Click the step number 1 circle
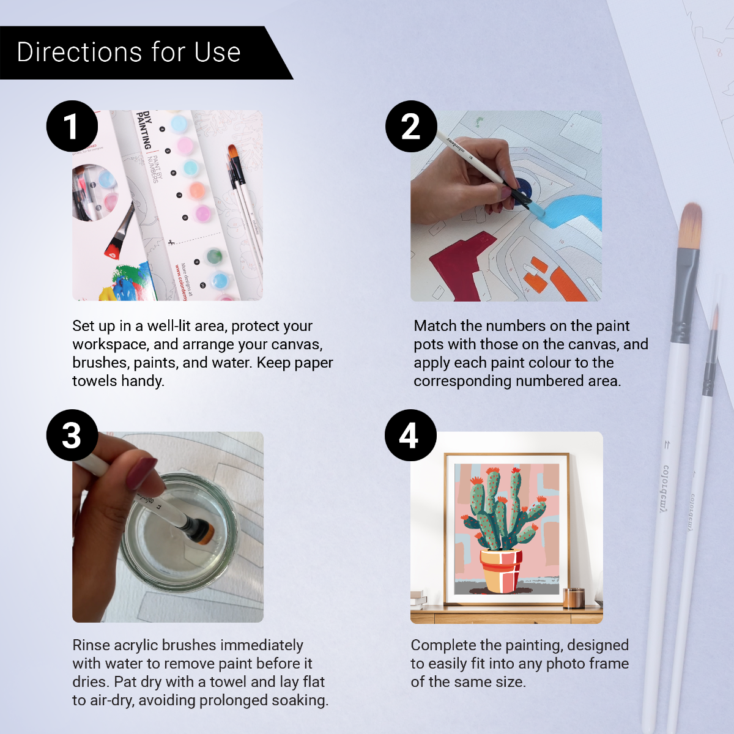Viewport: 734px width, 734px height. [72, 127]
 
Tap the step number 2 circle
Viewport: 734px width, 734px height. [411, 127]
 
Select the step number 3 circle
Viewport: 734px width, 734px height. [72, 436]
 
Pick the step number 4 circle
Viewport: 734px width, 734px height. [410, 436]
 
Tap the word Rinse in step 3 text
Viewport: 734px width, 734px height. [91, 645]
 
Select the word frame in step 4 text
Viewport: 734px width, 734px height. [608, 664]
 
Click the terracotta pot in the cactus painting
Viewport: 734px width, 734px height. [501, 569]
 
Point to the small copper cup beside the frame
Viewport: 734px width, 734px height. [573, 598]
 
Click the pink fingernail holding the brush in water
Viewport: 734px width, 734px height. [142, 473]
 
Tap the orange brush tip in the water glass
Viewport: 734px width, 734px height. [206, 533]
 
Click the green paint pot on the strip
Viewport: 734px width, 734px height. [213, 256]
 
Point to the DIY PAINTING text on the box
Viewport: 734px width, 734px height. [144, 130]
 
